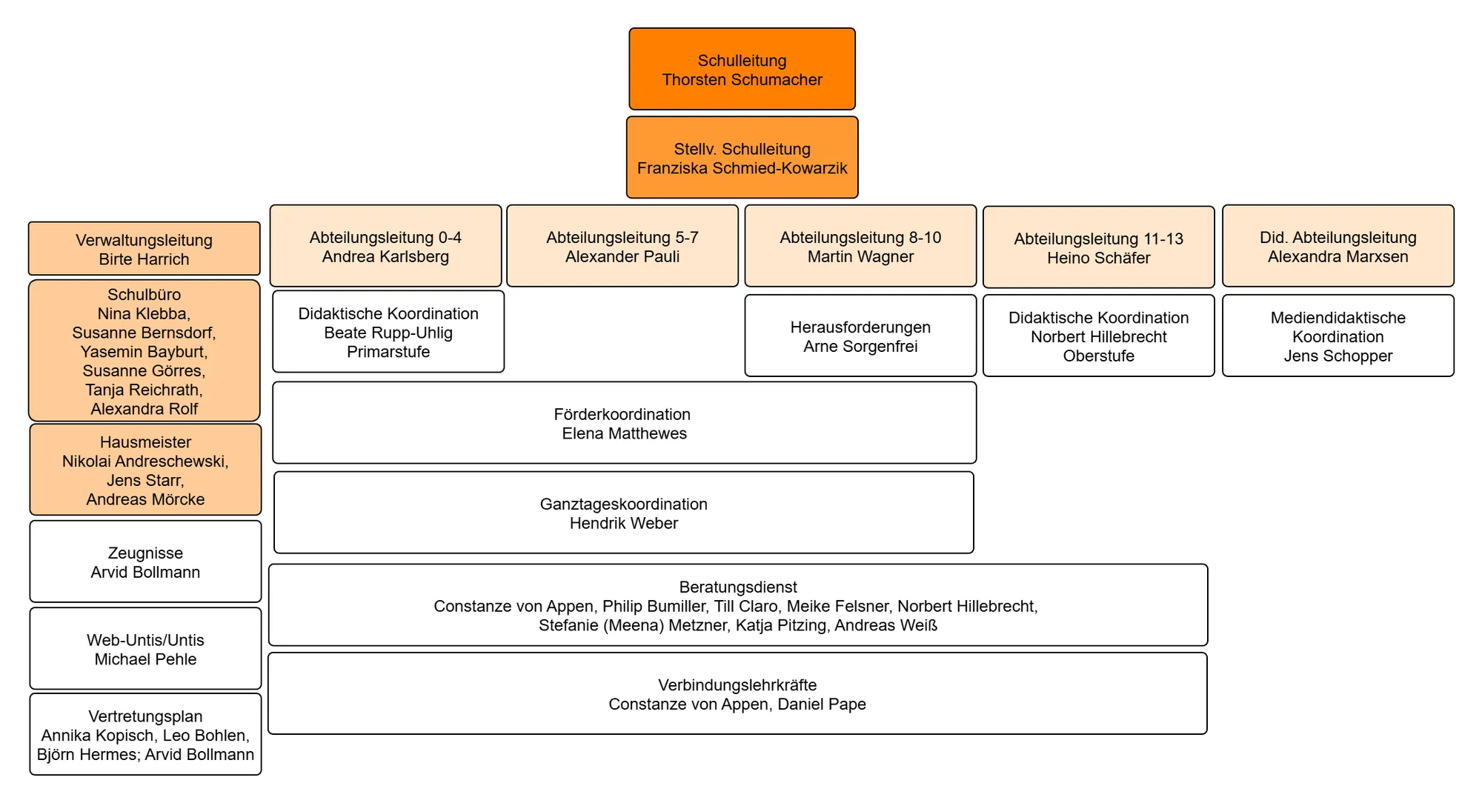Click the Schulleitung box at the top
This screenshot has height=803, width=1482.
point(742,69)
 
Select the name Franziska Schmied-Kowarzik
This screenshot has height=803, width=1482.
point(742,168)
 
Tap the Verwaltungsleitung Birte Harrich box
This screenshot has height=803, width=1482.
point(144,249)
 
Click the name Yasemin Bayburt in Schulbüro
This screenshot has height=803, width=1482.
point(144,351)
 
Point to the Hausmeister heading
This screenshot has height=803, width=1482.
point(145,442)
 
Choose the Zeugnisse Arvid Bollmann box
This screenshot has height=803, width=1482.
point(145,562)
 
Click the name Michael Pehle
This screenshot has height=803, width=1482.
point(145,659)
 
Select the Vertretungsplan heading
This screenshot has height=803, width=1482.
point(145,716)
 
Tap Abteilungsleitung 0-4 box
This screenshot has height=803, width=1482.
point(385,246)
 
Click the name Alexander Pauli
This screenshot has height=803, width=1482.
point(622,256)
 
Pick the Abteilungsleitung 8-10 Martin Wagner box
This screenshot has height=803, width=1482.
point(860,246)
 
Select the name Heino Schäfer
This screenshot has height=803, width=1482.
point(1098,258)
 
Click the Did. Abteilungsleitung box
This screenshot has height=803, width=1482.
point(1338,246)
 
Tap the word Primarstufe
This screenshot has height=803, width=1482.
point(388,352)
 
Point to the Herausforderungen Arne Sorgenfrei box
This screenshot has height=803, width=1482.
point(860,336)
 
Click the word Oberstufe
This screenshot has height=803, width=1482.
point(1098,356)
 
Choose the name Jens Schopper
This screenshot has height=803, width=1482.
point(1338,356)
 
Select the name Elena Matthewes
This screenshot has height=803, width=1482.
point(624,433)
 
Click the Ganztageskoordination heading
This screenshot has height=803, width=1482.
point(623,504)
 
